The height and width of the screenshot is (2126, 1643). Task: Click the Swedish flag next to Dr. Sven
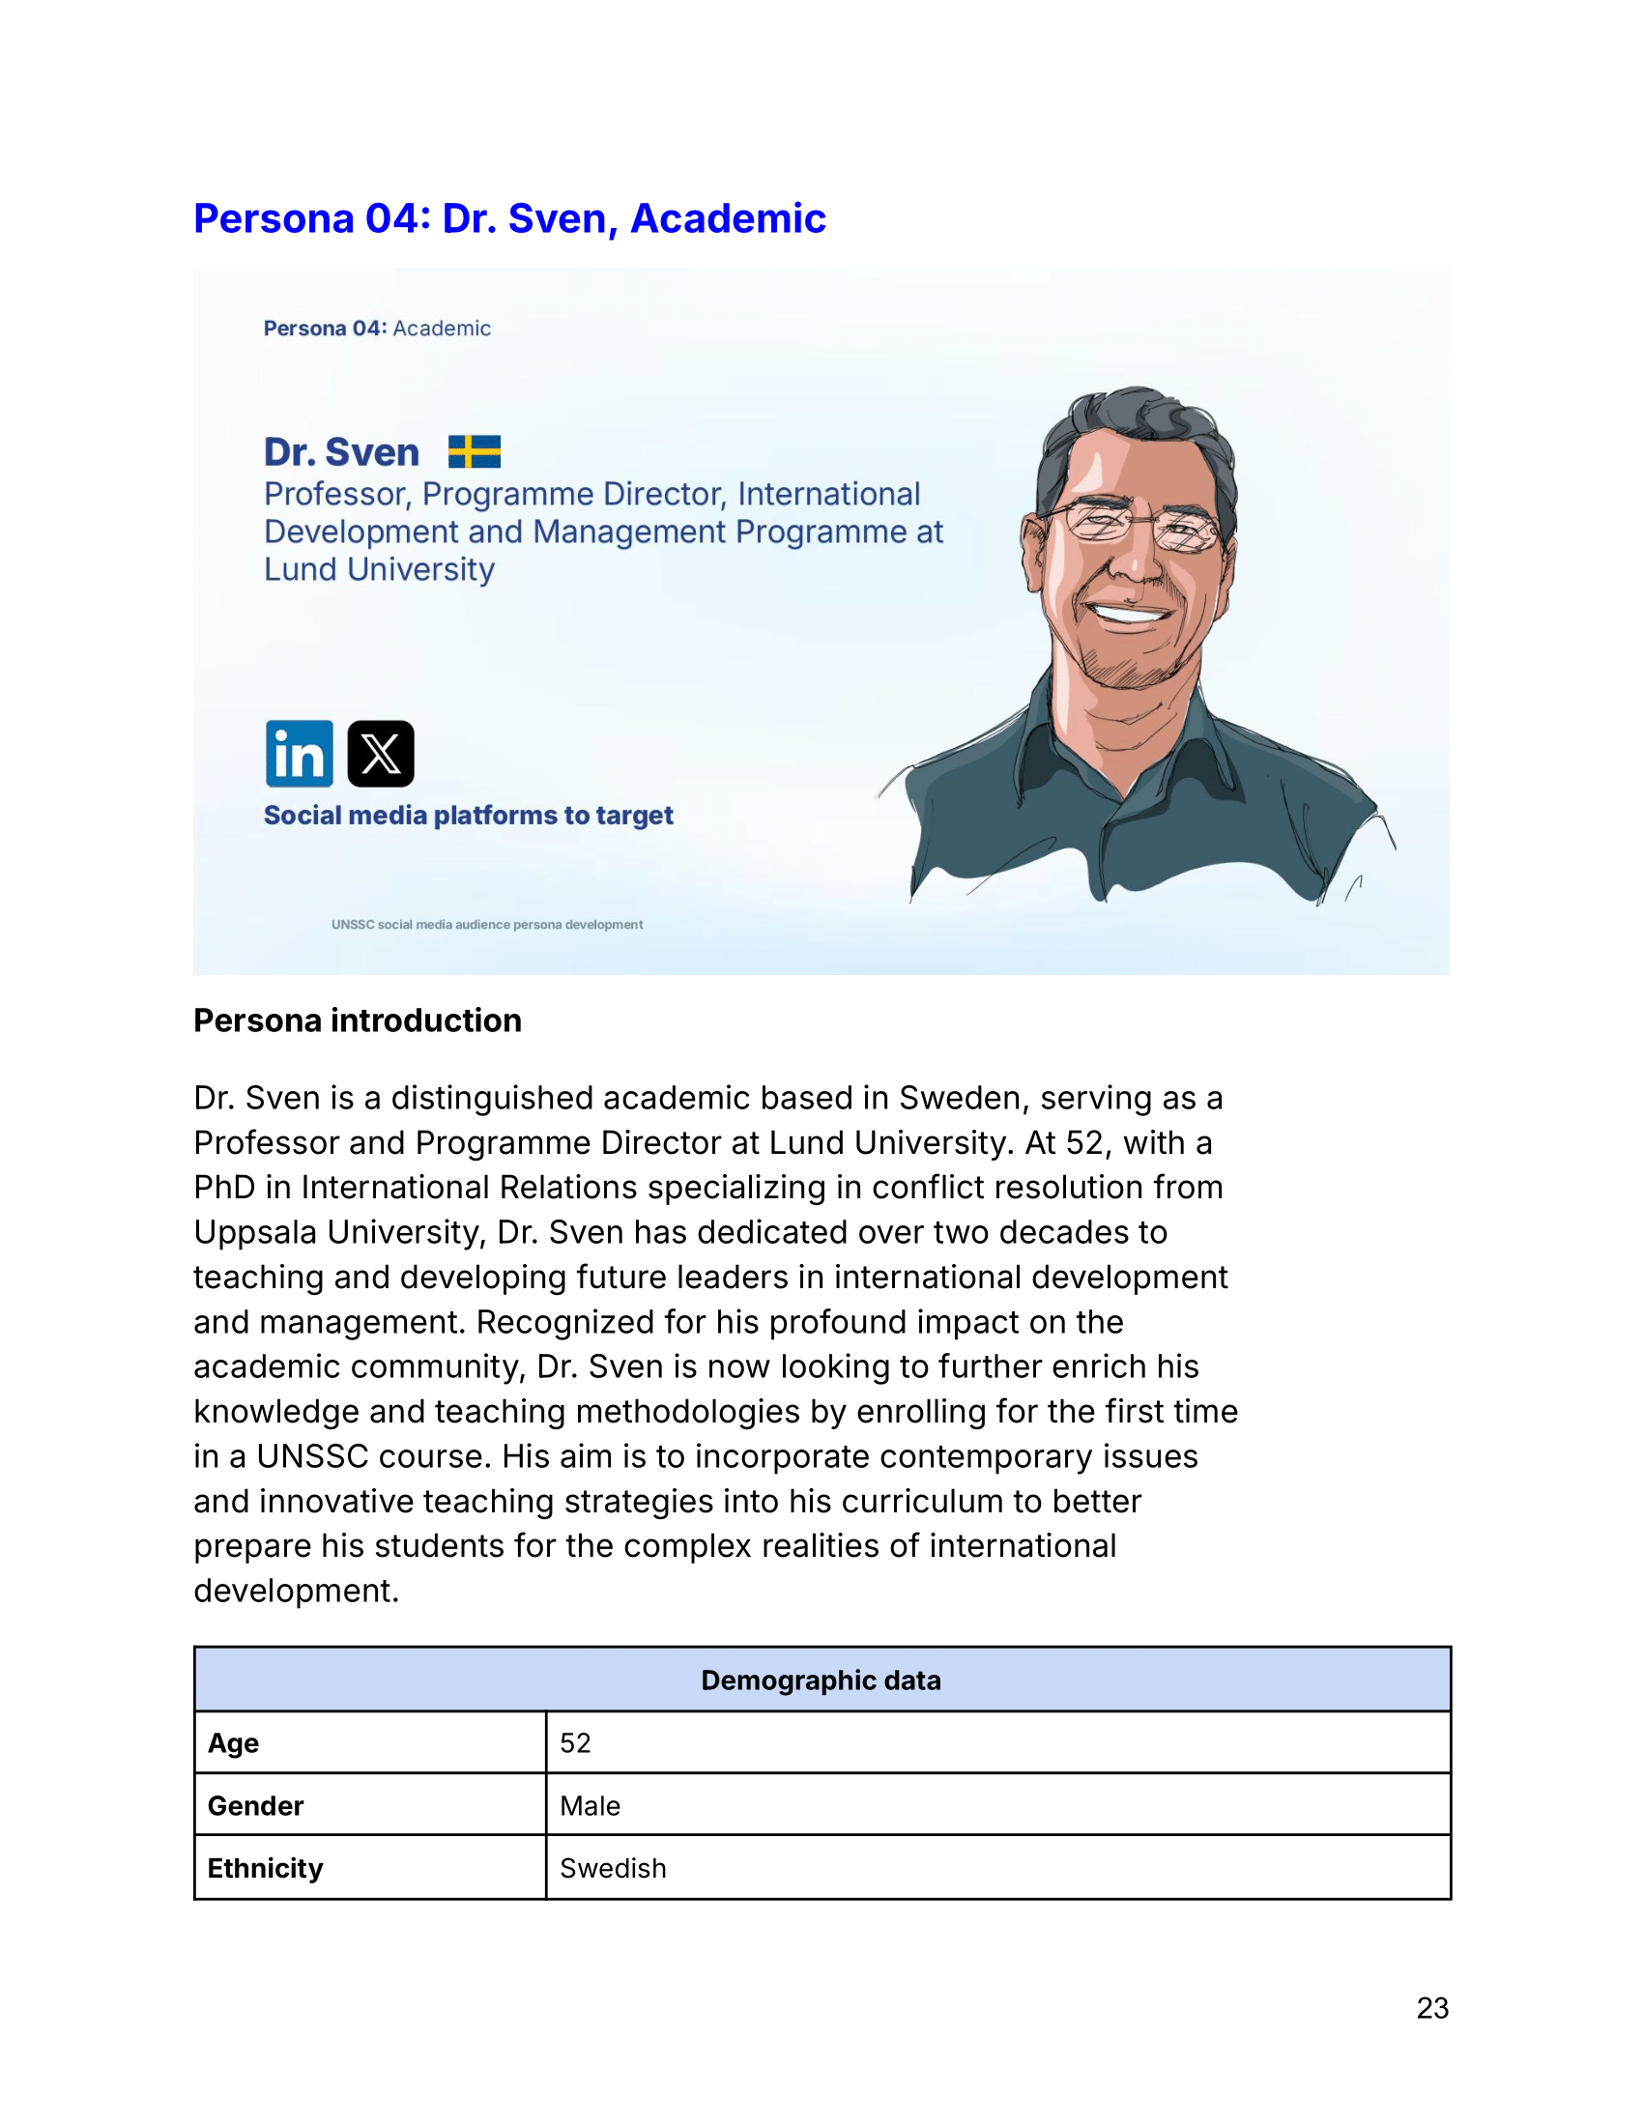(x=474, y=451)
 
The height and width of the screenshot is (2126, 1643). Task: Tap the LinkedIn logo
(x=299, y=754)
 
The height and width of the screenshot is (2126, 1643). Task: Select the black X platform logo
(x=381, y=754)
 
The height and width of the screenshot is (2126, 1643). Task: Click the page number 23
(x=1431, y=2007)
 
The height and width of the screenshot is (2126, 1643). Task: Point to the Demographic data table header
(x=821, y=1681)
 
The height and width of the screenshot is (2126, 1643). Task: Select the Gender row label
(x=255, y=1806)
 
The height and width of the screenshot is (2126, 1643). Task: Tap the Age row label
(x=234, y=1742)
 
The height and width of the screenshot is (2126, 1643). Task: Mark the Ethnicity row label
(x=265, y=1868)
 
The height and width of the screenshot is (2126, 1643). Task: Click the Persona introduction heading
(x=358, y=1020)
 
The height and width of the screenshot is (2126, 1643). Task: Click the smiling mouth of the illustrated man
(x=1129, y=613)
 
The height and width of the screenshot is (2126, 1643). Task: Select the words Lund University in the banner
(x=380, y=569)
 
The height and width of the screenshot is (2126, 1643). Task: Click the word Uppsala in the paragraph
(x=255, y=1232)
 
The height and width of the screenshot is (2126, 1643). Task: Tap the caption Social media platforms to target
(x=468, y=815)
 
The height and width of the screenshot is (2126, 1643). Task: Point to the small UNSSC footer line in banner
(x=487, y=925)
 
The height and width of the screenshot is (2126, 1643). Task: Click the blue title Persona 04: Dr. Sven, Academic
(x=509, y=218)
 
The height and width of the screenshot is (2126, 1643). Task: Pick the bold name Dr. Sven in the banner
(x=341, y=452)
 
